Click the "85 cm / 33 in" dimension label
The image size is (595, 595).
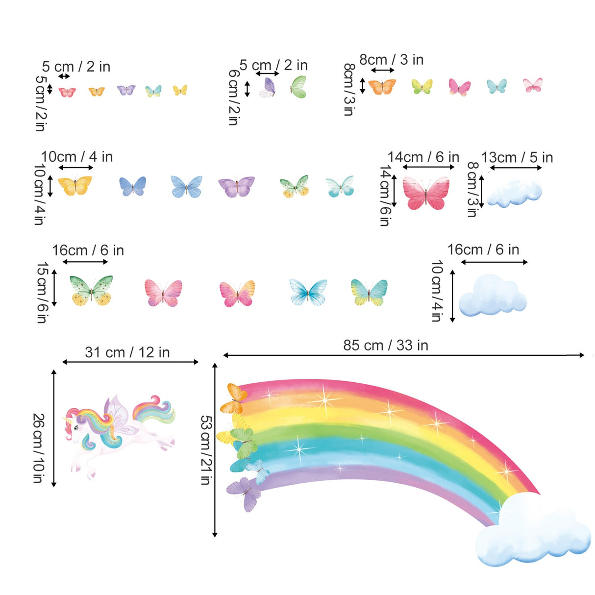[x=385, y=346]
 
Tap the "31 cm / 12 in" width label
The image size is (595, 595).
[x=127, y=352]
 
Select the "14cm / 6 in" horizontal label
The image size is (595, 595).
[x=423, y=157]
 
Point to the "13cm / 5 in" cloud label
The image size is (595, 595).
[x=517, y=158]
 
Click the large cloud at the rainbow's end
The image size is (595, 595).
[x=532, y=532]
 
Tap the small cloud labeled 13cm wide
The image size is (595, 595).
[x=515, y=193]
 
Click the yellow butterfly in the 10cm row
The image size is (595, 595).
[x=75, y=186]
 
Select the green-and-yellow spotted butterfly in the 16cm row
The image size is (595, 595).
[x=91, y=290]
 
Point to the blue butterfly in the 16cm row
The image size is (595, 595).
[x=308, y=292]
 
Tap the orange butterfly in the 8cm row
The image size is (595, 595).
[x=382, y=87]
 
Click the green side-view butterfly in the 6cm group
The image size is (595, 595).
[x=298, y=87]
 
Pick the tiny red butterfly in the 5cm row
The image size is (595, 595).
[x=67, y=92]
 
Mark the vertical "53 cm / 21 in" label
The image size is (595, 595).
[x=205, y=450]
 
